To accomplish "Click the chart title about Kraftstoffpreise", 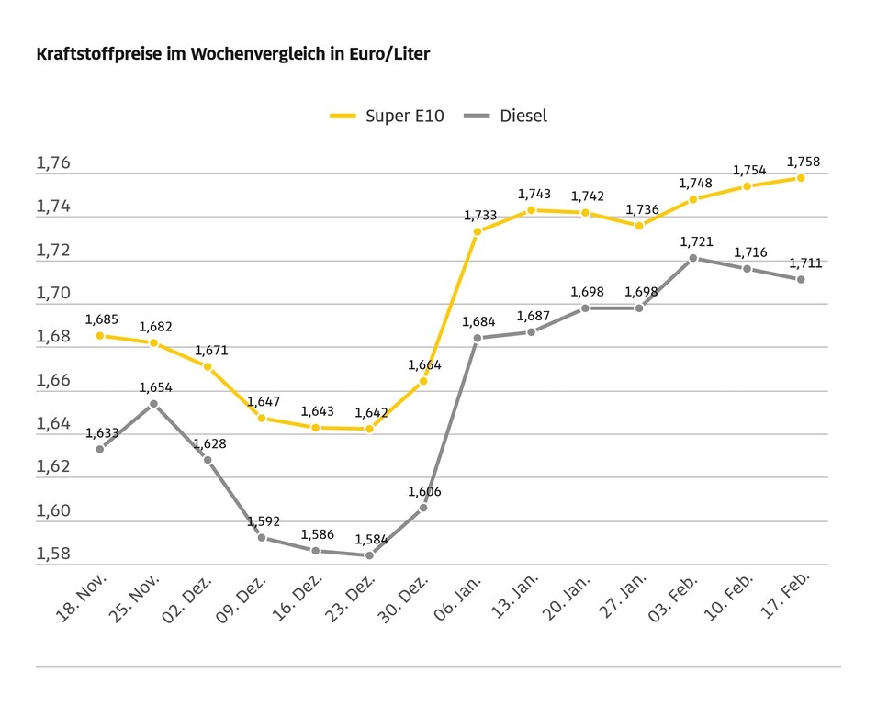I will (232, 54).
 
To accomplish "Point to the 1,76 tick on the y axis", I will (53, 163).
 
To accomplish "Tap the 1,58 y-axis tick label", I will (53, 554).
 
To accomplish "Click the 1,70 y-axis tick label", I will (53, 294).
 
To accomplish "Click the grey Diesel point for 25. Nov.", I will (153, 403).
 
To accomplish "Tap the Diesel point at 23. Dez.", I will (369, 554).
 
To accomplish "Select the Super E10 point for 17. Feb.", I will (801, 177).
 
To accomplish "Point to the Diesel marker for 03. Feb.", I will (693, 258).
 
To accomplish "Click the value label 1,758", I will (804, 162).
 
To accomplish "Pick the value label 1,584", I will (371, 540).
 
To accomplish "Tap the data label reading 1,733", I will (479, 216).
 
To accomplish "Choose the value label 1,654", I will (155, 387).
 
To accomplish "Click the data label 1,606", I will (424, 492).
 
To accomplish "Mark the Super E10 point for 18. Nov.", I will (99, 335).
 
